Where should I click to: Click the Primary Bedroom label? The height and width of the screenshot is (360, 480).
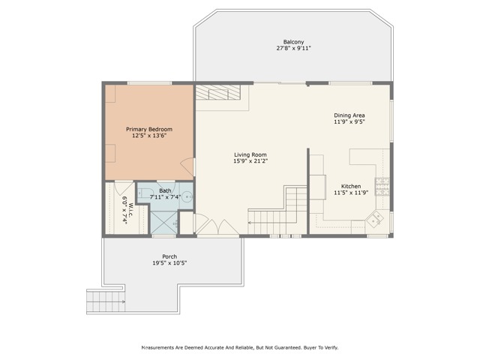148,129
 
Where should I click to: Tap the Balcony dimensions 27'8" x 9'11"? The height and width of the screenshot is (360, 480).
293,48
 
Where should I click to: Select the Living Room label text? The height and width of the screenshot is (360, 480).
250,154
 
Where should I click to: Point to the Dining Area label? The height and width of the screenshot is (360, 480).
349,115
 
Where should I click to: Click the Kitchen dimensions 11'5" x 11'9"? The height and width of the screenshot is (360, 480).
351,192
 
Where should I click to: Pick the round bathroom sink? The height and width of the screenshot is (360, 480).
187,197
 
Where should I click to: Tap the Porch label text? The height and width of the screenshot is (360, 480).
169,256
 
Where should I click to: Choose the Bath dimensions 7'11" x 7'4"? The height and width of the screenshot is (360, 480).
166,196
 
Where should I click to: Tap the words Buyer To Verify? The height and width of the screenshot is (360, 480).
320,348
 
